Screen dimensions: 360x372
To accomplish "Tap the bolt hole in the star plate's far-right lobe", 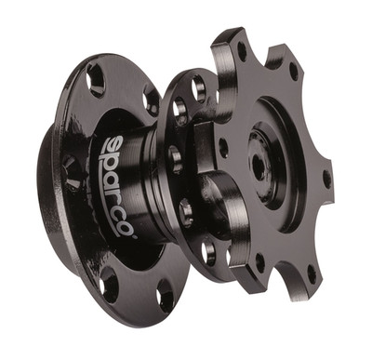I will pos(326,177).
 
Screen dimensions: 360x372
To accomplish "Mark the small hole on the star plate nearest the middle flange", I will pos(223,147).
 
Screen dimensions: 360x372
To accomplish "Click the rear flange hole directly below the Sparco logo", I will pos(111,278).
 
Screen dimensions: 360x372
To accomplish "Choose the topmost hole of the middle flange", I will pos(197,90).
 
